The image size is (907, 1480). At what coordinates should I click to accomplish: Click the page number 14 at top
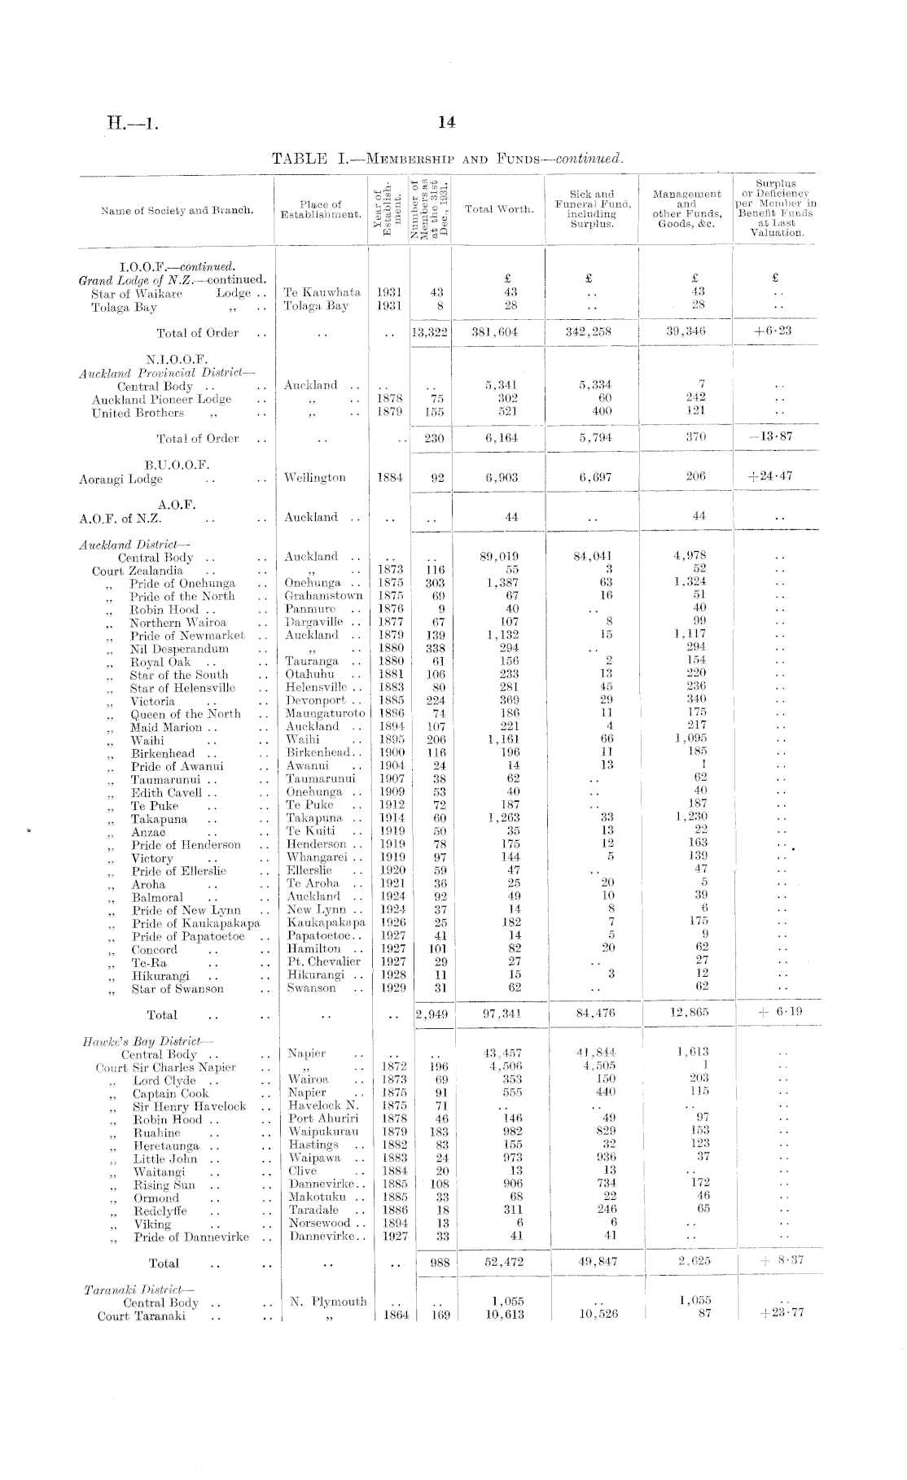(x=445, y=123)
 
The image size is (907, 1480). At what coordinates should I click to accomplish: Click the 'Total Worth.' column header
(x=499, y=209)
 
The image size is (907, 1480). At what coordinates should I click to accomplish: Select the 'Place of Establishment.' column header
(x=321, y=209)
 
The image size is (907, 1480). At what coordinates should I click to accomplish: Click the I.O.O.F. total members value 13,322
(x=432, y=332)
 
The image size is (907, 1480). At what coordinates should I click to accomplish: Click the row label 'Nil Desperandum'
(x=179, y=649)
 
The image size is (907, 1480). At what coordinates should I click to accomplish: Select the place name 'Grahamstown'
(x=323, y=596)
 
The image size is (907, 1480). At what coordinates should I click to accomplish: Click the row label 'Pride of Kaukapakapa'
(x=195, y=923)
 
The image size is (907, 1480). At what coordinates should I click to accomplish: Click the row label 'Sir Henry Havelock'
(x=189, y=1106)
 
